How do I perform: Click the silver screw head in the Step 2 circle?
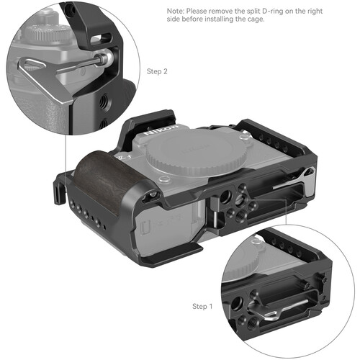tap(107, 58)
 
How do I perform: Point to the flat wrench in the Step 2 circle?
tap(58, 68)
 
